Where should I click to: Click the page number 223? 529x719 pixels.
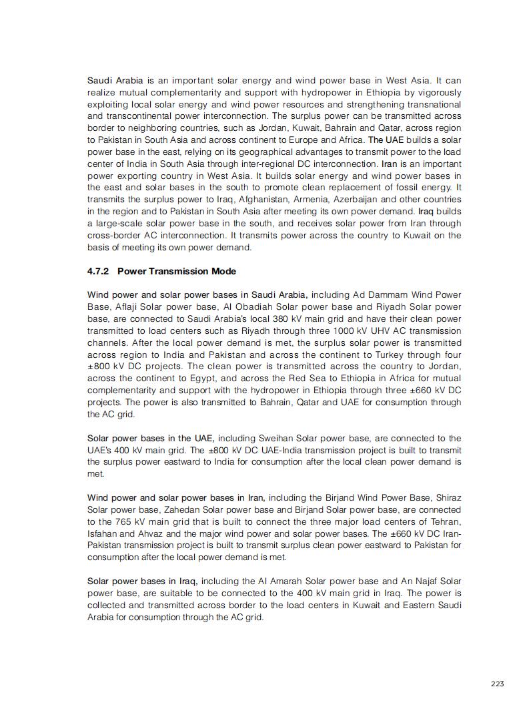point(497,683)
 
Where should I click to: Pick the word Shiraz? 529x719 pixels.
point(448,497)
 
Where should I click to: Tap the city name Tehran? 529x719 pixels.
point(444,521)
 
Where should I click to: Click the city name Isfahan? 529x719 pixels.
point(104,533)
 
